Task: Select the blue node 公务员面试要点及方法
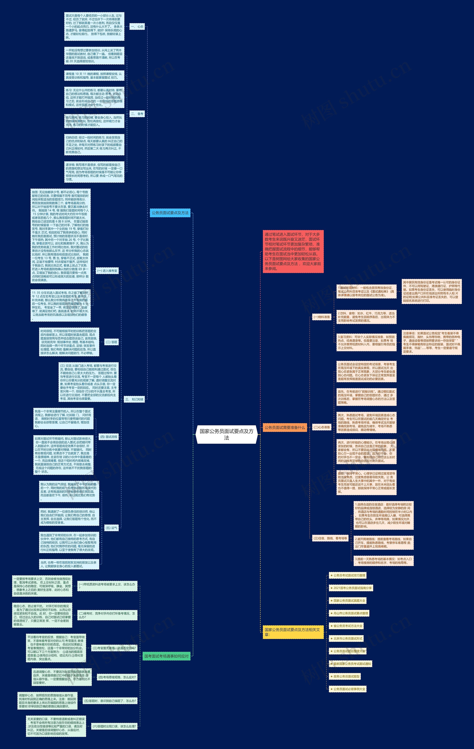click(x=170, y=213)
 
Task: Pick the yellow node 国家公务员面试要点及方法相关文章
click(x=293, y=632)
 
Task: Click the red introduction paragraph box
click(x=293, y=251)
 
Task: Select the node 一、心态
click(x=137, y=27)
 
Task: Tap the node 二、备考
click(x=137, y=114)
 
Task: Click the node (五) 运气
click(x=111, y=528)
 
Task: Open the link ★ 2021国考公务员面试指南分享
click(x=351, y=588)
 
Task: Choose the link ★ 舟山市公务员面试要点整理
click(x=349, y=613)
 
